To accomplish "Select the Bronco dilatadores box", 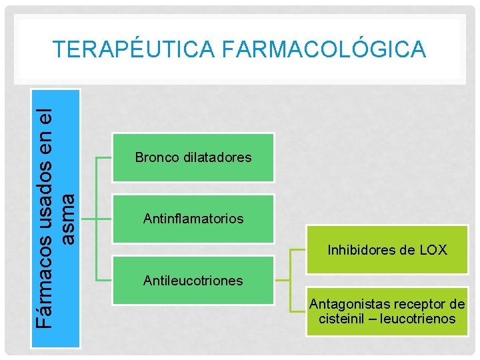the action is tap(193, 157).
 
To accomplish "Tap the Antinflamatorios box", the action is tap(193, 218).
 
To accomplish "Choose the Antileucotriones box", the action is tap(193, 280).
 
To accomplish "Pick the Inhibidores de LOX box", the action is tap(387, 250).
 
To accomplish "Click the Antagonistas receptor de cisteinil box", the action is tap(387, 311).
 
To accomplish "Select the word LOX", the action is tap(433, 251).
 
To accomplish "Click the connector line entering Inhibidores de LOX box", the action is tap(298, 250).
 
